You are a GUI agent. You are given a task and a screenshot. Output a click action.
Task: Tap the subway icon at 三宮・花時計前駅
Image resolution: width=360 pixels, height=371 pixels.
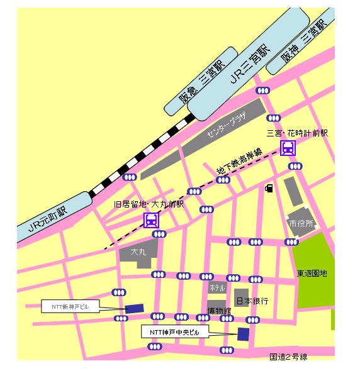click(x=288, y=148)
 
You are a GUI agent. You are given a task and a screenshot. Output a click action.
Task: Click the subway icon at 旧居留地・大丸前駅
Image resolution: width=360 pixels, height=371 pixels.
click(x=151, y=219)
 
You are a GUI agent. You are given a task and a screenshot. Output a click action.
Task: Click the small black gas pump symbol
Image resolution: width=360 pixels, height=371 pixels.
click(x=269, y=187)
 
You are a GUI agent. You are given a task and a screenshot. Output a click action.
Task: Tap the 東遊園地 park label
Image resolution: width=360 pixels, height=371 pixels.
click(x=312, y=274)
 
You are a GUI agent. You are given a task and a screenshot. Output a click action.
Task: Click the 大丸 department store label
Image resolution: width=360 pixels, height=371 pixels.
click(x=138, y=252)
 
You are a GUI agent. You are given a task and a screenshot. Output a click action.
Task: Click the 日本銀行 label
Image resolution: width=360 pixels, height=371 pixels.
click(x=252, y=301)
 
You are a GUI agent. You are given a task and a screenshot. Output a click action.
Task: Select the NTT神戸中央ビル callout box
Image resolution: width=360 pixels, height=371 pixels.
click(x=174, y=331)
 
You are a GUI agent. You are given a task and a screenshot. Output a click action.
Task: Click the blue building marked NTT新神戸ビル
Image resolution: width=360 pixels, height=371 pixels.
click(x=134, y=308)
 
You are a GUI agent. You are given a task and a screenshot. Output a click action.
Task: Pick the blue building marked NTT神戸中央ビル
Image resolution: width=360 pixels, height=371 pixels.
click(x=243, y=334)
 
